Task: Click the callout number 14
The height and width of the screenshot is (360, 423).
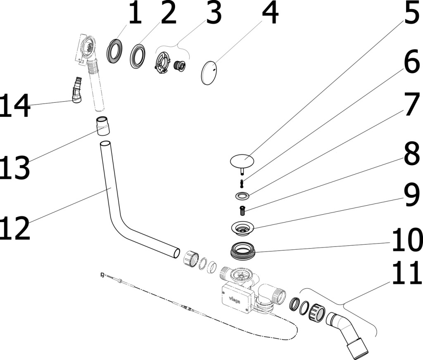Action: (x=15, y=105)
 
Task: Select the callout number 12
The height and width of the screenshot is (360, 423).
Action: (x=15, y=228)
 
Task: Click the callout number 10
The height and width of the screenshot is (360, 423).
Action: (x=407, y=239)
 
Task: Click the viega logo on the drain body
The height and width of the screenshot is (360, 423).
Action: (x=235, y=300)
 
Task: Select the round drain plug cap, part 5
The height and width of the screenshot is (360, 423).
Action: (x=242, y=161)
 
